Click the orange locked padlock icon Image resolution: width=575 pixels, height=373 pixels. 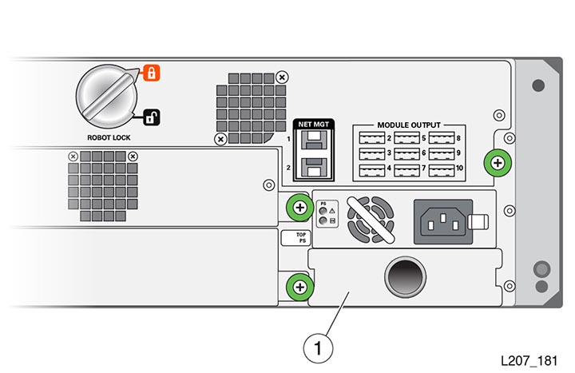coord(152,73)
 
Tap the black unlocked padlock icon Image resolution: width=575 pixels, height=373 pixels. coord(151,117)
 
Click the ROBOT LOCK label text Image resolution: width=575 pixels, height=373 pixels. coord(109,137)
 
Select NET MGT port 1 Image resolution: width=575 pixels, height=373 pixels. coord(314,140)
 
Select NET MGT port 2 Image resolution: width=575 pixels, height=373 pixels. coord(314,167)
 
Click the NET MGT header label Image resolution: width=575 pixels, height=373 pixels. coord(314,125)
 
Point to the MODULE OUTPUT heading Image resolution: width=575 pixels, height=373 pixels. coord(409,125)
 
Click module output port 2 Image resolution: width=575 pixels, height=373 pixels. coord(372,138)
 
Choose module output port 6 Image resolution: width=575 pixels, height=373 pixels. coord(406,153)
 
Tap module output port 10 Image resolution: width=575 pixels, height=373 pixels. coord(442,170)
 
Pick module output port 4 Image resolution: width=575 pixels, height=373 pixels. coord(372,170)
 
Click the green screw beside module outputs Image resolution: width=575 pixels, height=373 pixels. coord(498,163)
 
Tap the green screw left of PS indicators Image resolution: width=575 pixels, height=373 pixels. coord(300,208)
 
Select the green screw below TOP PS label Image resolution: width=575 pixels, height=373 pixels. coord(300,287)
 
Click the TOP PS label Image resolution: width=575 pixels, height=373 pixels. coord(296,238)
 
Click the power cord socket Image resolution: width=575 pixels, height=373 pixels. coord(443,221)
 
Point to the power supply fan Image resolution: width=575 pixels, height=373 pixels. coord(371,220)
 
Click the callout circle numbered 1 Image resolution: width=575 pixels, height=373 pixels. coord(318,348)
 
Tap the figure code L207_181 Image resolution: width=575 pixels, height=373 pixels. coord(529,361)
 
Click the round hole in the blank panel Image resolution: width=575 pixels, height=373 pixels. coord(405,277)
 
